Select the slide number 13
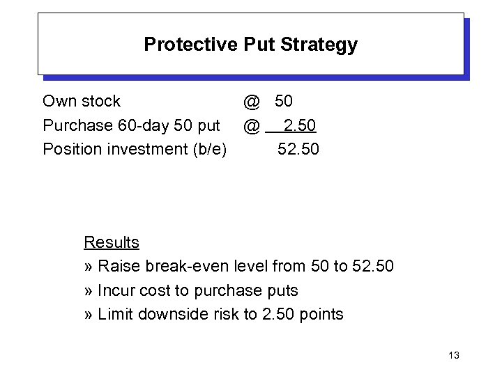click(x=454, y=356)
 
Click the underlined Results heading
click(x=112, y=242)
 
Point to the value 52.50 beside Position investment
click(x=298, y=149)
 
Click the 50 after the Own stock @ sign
click(x=284, y=102)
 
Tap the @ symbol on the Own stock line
click(x=252, y=102)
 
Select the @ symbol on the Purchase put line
click(x=252, y=125)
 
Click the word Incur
click(x=116, y=290)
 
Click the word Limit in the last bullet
click(x=116, y=314)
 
